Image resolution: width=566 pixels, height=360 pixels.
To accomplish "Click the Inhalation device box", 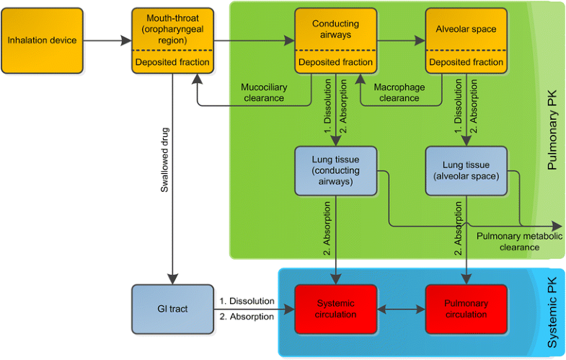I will (x=42, y=40).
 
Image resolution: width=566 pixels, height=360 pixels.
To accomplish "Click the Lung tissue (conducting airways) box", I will (x=335, y=170).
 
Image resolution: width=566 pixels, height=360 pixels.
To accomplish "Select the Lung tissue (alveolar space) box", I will (x=466, y=170).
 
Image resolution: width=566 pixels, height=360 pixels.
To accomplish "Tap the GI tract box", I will (x=173, y=309).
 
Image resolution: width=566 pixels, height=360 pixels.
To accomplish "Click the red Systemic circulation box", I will (x=335, y=309).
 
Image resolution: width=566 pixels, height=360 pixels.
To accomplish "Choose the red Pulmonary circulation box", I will (x=466, y=309).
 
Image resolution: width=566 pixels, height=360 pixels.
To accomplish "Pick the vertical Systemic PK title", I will (x=552, y=311).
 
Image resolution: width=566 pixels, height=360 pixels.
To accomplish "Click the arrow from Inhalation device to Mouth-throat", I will (x=107, y=41).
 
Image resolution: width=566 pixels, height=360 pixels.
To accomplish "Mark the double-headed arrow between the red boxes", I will (x=400, y=309).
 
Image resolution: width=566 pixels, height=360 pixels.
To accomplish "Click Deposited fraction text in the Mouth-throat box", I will (x=172, y=63).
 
